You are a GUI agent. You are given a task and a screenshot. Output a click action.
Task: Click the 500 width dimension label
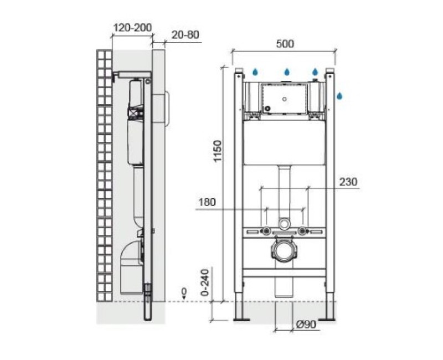click(x=286, y=44)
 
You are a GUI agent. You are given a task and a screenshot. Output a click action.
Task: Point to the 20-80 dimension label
click(x=186, y=35)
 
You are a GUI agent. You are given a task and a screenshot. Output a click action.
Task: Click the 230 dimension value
click(x=349, y=182)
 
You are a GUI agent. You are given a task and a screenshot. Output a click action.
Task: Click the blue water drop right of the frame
click(x=340, y=95)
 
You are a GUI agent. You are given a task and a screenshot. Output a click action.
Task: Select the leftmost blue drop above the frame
click(x=255, y=72)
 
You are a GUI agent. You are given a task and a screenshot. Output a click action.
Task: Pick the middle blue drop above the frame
click(x=287, y=72)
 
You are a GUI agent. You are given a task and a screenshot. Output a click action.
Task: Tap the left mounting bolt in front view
click(x=267, y=230)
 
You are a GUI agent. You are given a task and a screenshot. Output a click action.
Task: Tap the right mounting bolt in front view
click(x=302, y=230)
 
